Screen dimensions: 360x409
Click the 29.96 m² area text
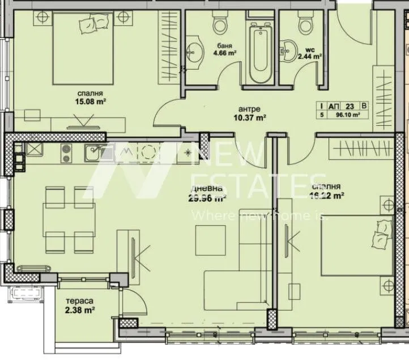(207, 198)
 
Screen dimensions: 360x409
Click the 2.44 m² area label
(310, 56)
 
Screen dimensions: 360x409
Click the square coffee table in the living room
(211, 240)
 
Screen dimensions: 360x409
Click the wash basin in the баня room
(196, 50)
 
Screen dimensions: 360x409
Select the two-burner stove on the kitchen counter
(66, 152)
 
